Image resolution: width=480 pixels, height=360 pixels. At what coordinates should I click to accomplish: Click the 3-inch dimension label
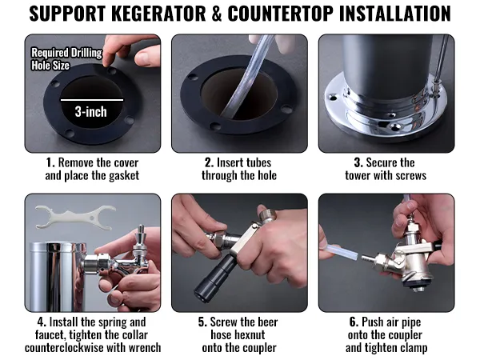point(91,111)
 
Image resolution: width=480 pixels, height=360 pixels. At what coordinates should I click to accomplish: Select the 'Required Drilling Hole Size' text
point(66,59)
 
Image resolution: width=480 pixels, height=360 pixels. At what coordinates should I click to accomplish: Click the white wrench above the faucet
point(77,215)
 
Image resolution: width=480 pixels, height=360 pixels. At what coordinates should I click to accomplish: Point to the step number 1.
point(50,162)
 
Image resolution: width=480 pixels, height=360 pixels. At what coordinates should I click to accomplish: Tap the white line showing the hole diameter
point(91,99)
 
